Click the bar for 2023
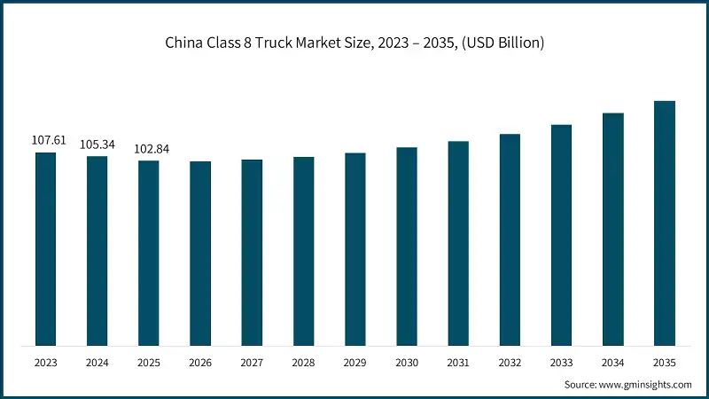click(x=45, y=249)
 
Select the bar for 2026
click(x=200, y=254)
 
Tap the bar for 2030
click(x=407, y=246)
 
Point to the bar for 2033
click(x=561, y=235)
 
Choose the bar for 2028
click(x=304, y=251)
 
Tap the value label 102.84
click(x=149, y=149)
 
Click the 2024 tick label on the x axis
click(x=97, y=363)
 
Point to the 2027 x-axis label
click(x=252, y=363)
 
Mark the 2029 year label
click(x=355, y=363)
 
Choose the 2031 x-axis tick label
click(x=458, y=363)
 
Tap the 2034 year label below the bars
click(x=613, y=363)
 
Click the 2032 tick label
click(x=510, y=363)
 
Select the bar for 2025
click(x=149, y=254)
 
